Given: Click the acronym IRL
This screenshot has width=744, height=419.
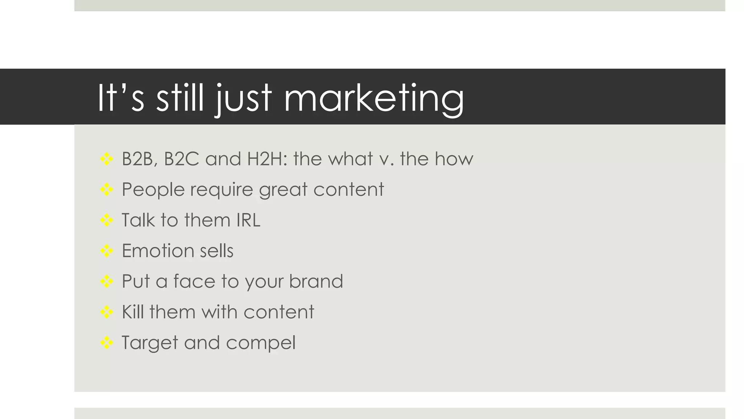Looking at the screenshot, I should [248, 220].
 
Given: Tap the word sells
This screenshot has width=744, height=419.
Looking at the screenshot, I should [217, 251].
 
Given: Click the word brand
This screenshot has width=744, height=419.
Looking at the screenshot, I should [316, 281].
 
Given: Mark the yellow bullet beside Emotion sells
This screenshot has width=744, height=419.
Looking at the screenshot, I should [106, 250].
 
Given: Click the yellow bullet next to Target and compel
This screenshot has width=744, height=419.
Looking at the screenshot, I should [106, 342].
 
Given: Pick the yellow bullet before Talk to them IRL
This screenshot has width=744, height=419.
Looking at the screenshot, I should [106, 220].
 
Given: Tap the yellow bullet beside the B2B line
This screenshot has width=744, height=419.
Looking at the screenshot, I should [106, 159].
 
